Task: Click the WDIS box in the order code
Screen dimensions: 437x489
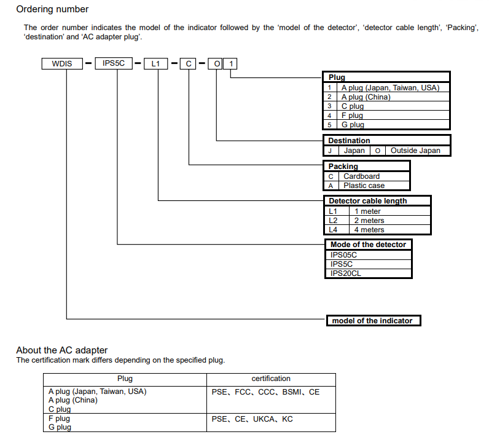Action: (x=62, y=63)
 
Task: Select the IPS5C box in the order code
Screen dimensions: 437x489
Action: (x=114, y=63)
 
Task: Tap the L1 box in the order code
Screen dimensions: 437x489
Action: (x=155, y=63)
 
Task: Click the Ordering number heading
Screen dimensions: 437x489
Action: (x=52, y=9)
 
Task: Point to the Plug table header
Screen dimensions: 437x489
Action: (x=337, y=77)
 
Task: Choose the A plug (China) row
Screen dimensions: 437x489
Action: (x=366, y=96)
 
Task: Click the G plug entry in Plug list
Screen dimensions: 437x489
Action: (x=353, y=124)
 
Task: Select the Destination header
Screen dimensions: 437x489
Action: (x=349, y=141)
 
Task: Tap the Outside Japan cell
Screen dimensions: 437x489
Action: (x=415, y=151)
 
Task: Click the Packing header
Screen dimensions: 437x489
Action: (x=343, y=167)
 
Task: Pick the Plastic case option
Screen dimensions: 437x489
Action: (x=364, y=185)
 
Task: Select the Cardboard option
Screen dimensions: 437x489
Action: (x=361, y=176)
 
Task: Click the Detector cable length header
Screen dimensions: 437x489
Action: (x=367, y=201)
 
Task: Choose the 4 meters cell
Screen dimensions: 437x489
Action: (x=369, y=229)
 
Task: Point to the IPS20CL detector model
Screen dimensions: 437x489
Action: (x=346, y=273)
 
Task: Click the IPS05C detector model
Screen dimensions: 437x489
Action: (x=343, y=254)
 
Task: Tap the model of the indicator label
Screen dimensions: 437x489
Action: (x=372, y=321)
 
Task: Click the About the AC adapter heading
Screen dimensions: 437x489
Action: (x=62, y=350)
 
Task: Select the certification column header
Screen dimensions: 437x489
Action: (x=271, y=379)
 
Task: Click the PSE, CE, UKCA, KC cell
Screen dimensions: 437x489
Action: (x=252, y=419)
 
